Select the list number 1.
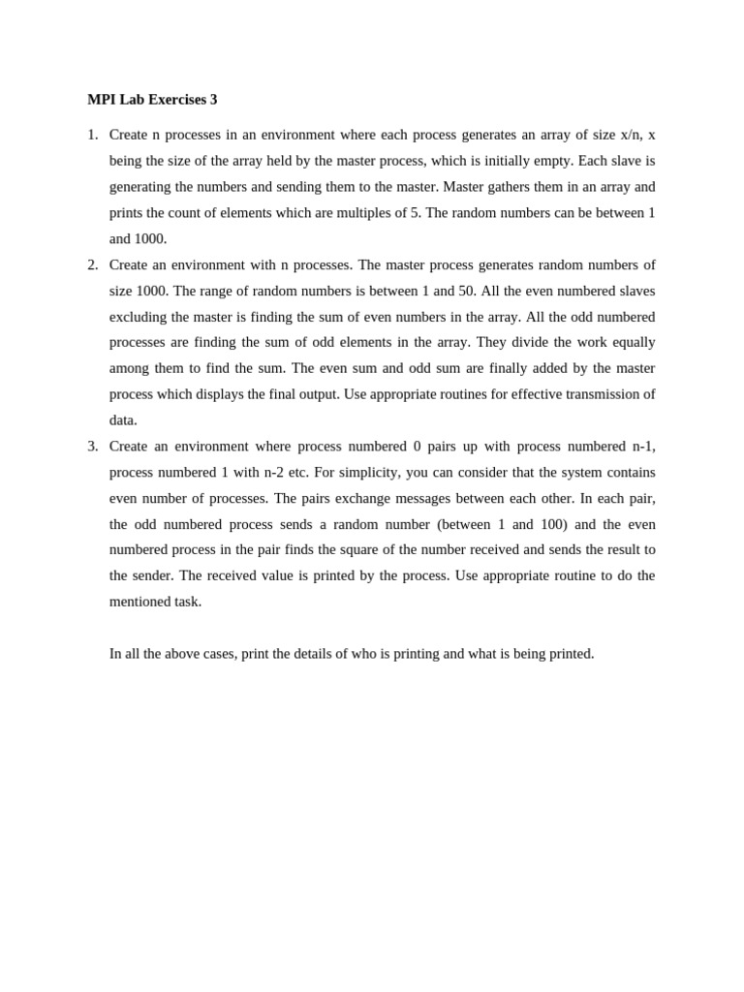coord(92,135)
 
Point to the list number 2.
coord(92,264)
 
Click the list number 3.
coord(92,446)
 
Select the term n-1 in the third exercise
coord(642,446)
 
